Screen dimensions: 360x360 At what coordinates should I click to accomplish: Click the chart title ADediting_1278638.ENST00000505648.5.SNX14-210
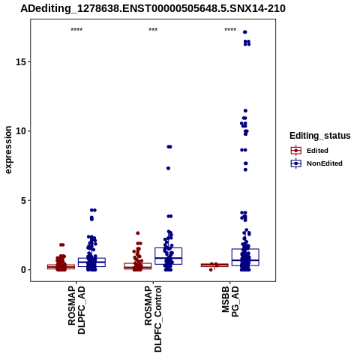153,9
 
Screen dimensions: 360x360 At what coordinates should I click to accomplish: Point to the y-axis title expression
8,150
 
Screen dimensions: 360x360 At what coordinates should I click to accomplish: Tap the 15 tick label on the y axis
21,61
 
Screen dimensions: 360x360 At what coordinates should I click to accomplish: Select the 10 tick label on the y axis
21,131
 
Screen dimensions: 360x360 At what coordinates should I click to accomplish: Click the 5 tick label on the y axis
23,200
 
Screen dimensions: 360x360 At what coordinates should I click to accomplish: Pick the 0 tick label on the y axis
23,270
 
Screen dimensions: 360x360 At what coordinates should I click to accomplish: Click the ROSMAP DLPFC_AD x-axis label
76,310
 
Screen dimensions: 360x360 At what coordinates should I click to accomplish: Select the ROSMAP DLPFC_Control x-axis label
153,319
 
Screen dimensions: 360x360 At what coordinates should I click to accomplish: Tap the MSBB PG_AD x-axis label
230,301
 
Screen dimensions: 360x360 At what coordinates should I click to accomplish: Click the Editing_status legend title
320,136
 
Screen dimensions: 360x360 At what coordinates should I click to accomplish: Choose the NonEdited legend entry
316,163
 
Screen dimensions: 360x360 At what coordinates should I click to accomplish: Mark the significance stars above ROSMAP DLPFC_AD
76,29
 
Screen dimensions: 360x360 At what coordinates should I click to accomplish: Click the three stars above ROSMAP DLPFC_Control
153,29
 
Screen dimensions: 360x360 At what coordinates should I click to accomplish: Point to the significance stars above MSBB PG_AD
230,29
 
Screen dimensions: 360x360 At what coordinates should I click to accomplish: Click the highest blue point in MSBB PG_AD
245,32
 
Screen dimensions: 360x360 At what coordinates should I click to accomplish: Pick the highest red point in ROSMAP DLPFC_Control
138,233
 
